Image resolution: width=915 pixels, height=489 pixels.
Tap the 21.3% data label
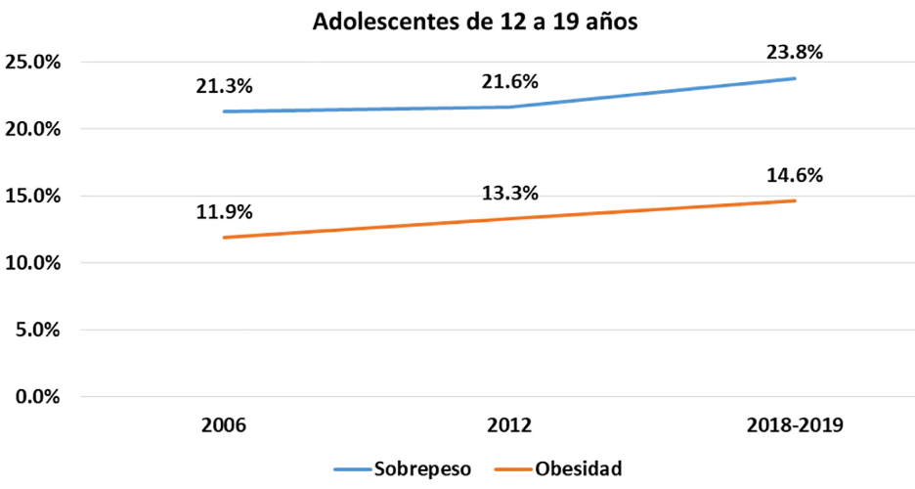[224, 86]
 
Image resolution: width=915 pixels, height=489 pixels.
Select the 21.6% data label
[509, 81]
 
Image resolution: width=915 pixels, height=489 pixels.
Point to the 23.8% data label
[795, 53]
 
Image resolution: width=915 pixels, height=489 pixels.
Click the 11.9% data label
[224, 210]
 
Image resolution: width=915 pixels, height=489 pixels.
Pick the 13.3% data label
[509, 193]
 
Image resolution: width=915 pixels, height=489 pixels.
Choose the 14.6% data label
[795, 176]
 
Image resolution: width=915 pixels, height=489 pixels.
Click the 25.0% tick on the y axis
[34, 63]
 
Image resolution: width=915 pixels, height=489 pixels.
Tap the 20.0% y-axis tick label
[34, 129]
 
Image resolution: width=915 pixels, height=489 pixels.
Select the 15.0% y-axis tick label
[34, 196]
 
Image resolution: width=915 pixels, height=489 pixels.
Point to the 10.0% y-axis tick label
[34, 263]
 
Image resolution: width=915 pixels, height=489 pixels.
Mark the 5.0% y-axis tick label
[39, 330]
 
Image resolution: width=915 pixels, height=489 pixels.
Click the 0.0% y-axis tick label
[39, 396]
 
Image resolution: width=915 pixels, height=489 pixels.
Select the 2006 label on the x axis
[224, 426]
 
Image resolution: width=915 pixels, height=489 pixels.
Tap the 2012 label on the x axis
[509, 426]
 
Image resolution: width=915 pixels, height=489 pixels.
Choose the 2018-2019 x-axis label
[795, 426]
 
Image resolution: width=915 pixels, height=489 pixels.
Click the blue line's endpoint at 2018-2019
[795, 78]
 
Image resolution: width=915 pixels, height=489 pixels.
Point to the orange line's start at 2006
[224, 238]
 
